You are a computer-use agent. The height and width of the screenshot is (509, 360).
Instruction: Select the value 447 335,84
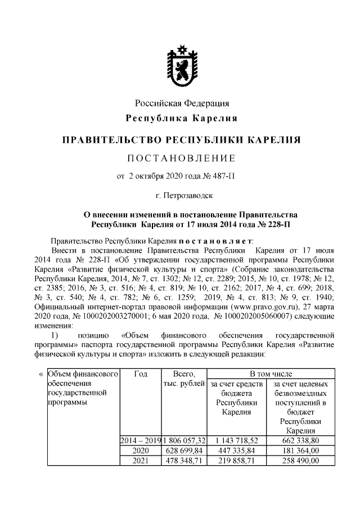point(236,451)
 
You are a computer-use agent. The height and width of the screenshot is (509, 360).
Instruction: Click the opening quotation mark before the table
point(40,374)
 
